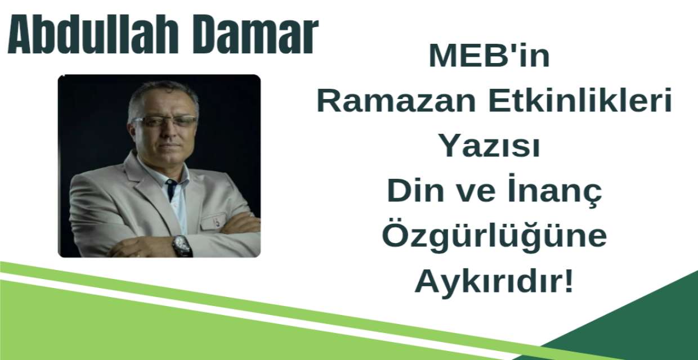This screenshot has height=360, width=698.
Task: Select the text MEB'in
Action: pyautogui.click(x=489, y=56)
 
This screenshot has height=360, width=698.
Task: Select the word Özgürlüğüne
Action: pyautogui.click(x=494, y=237)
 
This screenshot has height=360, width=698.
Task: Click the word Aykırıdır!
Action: pyautogui.click(x=494, y=282)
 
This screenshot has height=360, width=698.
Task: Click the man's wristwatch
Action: pyautogui.click(x=182, y=245)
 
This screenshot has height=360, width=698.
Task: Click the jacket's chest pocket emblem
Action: pyautogui.click(x=216, y=221)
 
